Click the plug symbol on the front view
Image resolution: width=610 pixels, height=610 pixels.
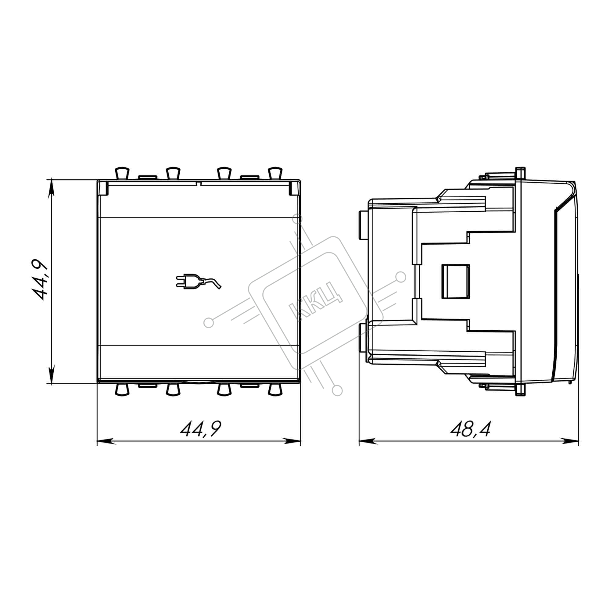[x=198, y=281]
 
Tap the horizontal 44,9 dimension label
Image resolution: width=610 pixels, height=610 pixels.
[x=201, y=429]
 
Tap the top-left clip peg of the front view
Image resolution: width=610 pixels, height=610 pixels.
[x=122, y=173]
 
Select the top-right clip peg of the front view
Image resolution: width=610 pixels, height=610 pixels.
[x=275, y=173]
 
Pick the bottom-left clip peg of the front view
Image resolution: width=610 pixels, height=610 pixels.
[x=122, y=390]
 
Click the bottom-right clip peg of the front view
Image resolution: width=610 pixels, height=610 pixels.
[x=275, y=390]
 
